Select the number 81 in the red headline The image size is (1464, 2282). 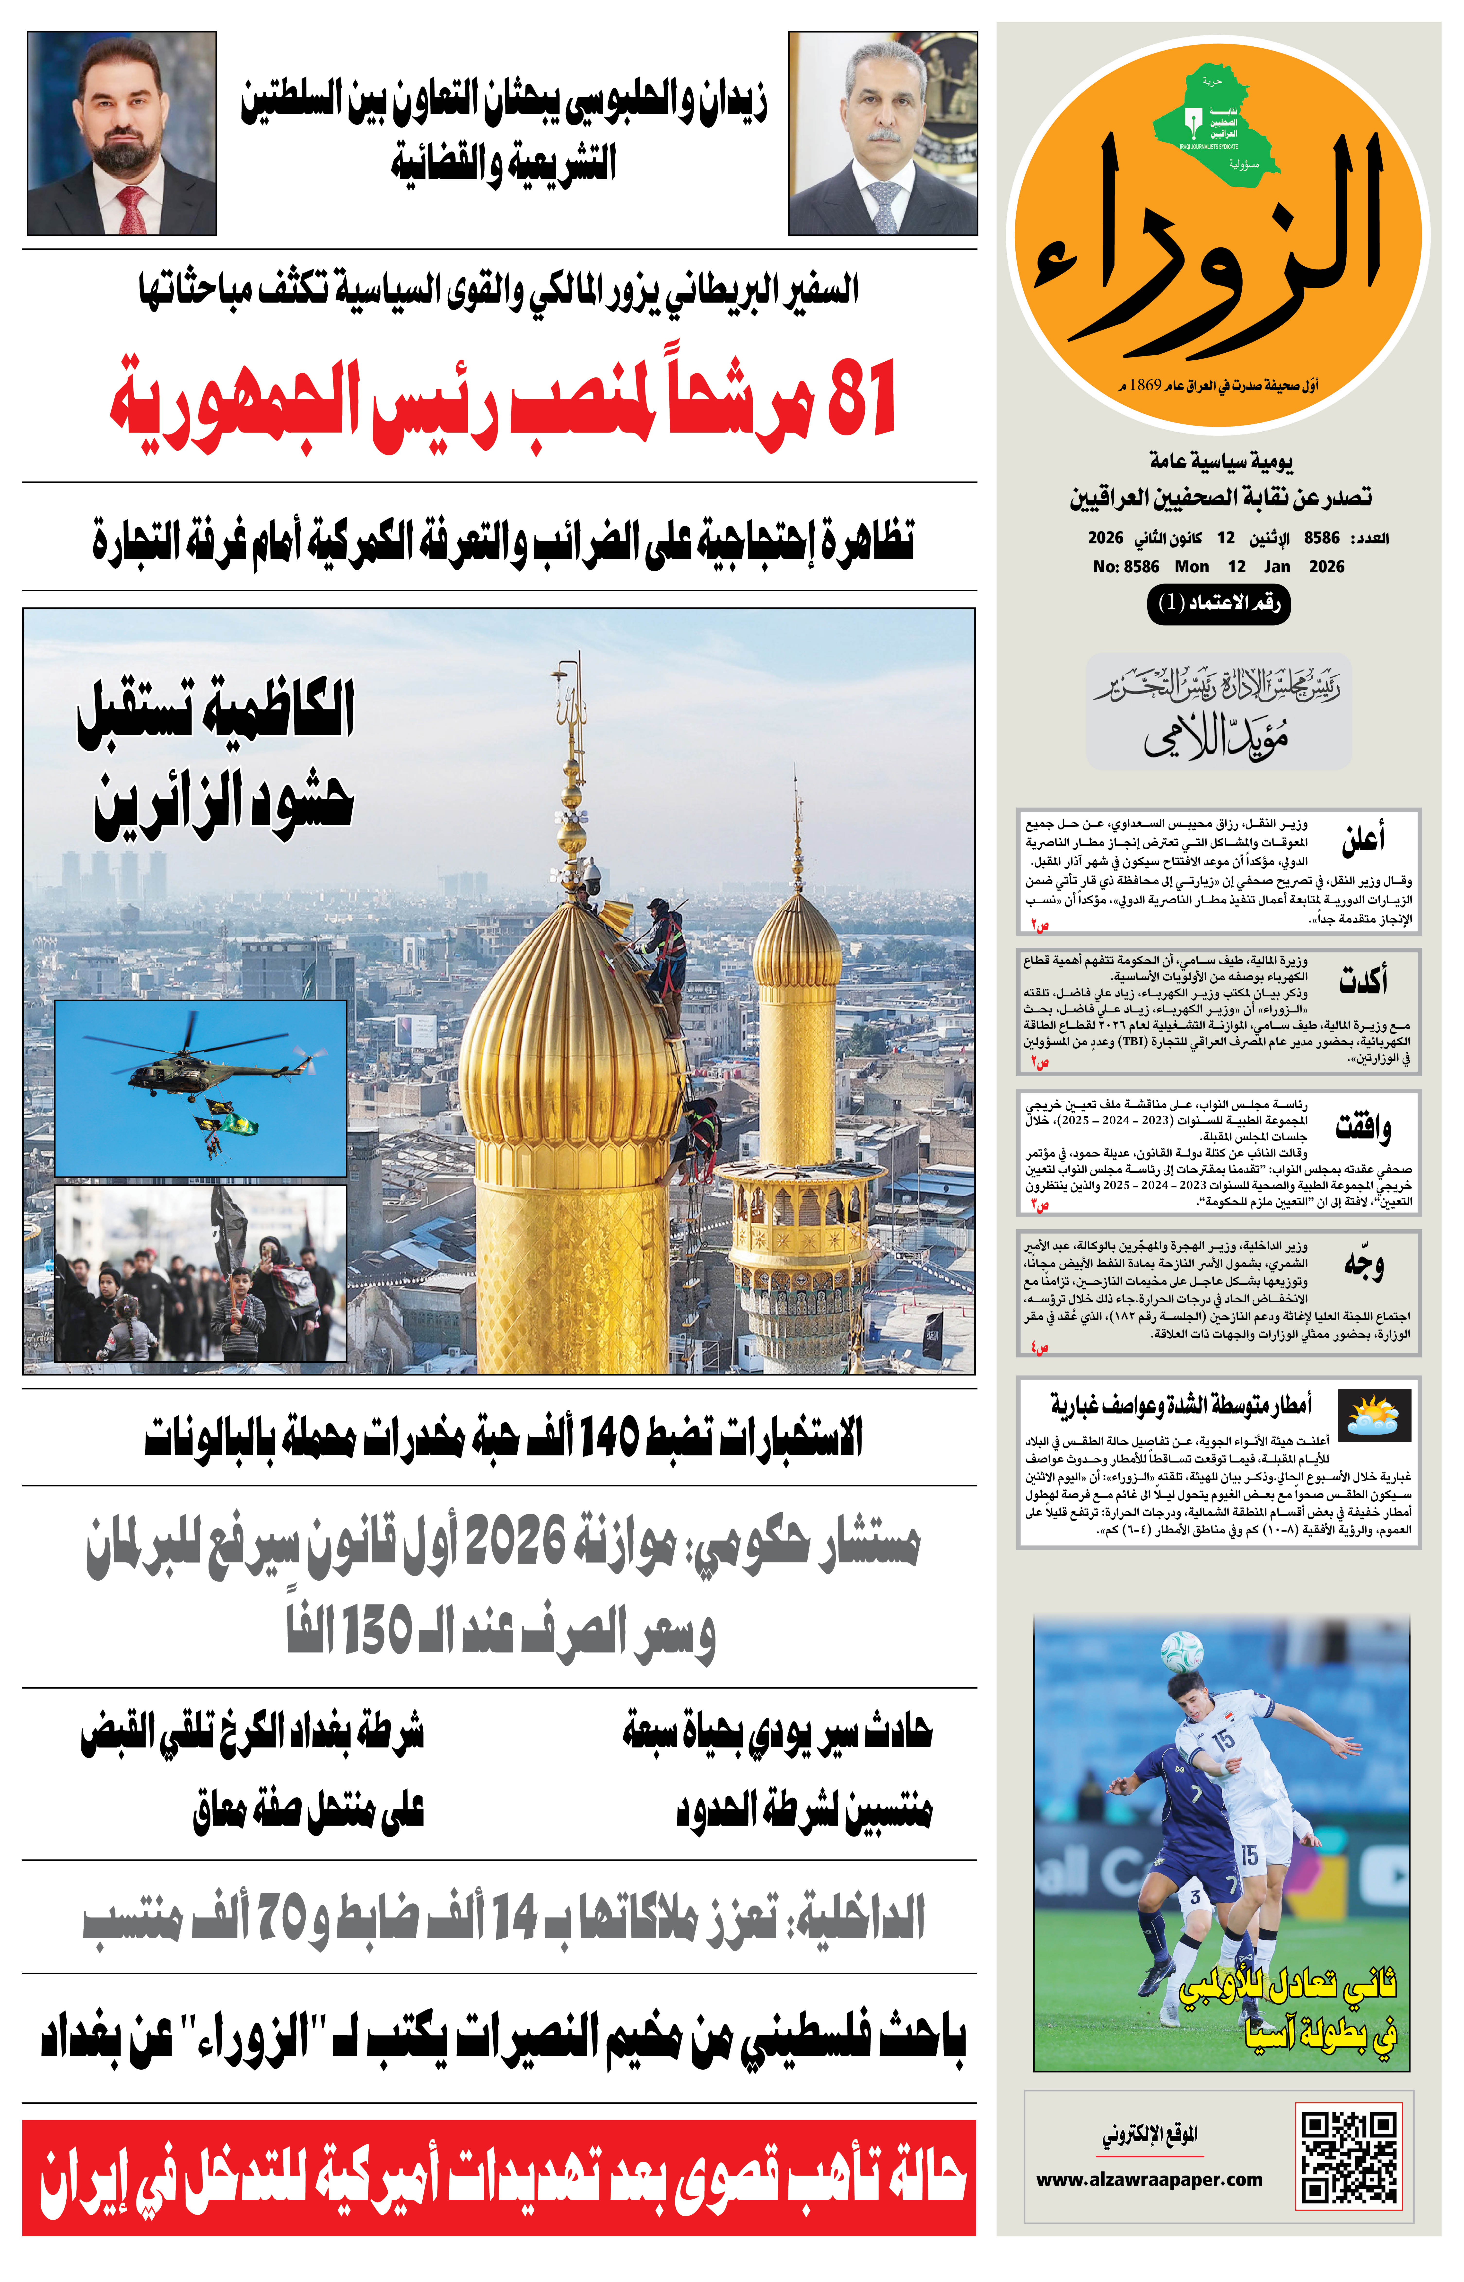861,399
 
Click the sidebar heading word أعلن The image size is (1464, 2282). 1363,838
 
